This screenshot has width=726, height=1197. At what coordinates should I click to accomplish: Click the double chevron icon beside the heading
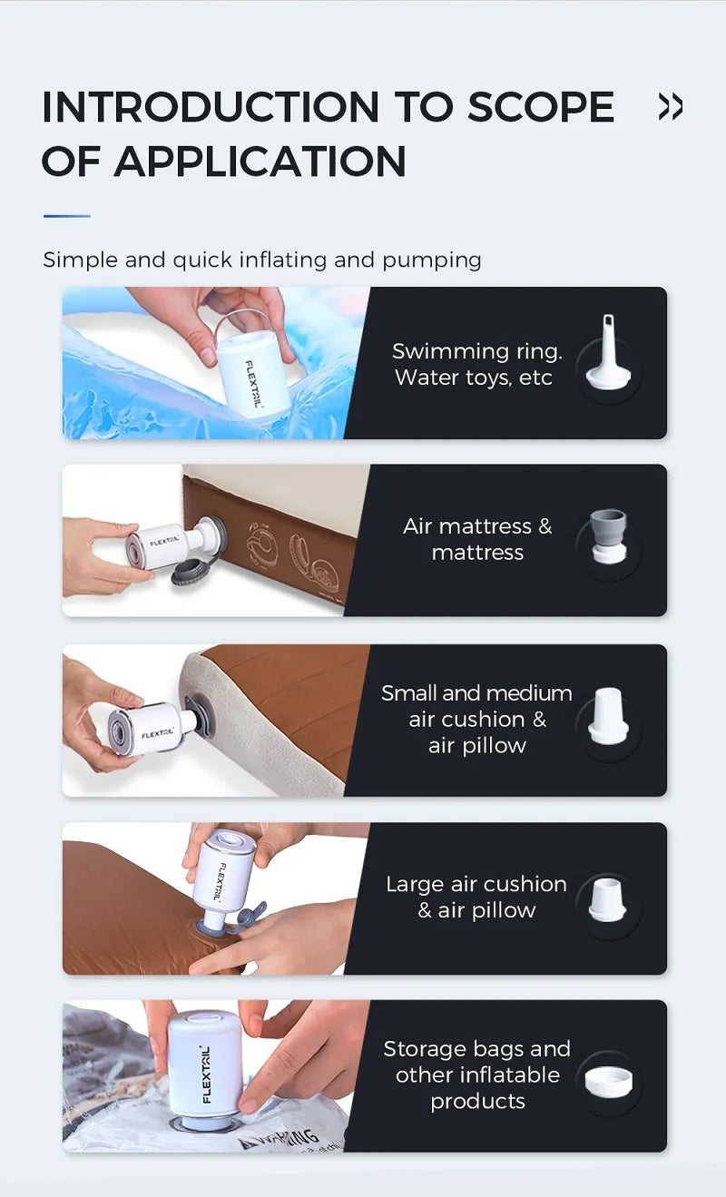pyautogui.click(x=671, y=106)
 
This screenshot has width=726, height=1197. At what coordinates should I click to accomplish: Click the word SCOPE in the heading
pyautogui.click(x=541, y=106)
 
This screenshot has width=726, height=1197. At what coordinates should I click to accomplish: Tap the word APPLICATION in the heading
pyautogui.click(x=260, y=161)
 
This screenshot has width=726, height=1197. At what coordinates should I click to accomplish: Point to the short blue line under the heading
pyautogui.click(x=67, y=216)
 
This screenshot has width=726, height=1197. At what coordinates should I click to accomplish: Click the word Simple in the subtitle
pyautogui.click(x=80, y=260)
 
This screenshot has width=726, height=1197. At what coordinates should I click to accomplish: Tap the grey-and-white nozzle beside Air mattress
pyautogui.click(x=608, y=536)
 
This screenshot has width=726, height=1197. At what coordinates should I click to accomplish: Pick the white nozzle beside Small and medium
pyautogui.click(x=608, y=716)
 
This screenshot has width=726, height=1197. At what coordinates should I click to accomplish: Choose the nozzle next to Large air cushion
pyautogui.click(x=608, y=898)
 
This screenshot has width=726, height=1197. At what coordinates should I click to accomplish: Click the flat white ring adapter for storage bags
pyautogui.click(x=608, y=1081)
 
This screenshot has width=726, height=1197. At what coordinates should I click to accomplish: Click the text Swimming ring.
pyautogui.click(x=477, y=351)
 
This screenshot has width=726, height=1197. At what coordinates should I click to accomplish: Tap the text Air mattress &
pyautogui.click(x=477, y=526)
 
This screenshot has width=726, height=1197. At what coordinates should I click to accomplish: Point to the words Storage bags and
pyautogui.click(x=477, y=1049)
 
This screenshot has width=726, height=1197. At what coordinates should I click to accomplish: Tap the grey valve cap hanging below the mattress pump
pyautogui.click(x=191, y=575)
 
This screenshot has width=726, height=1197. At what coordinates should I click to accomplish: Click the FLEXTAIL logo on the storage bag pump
pyautogui.click(x=206, y=1074)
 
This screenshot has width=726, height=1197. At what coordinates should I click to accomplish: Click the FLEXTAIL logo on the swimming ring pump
pyautogui.click(x=253, y=384)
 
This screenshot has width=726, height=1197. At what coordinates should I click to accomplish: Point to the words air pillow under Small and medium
pyautogui.click(x=477, y=745)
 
